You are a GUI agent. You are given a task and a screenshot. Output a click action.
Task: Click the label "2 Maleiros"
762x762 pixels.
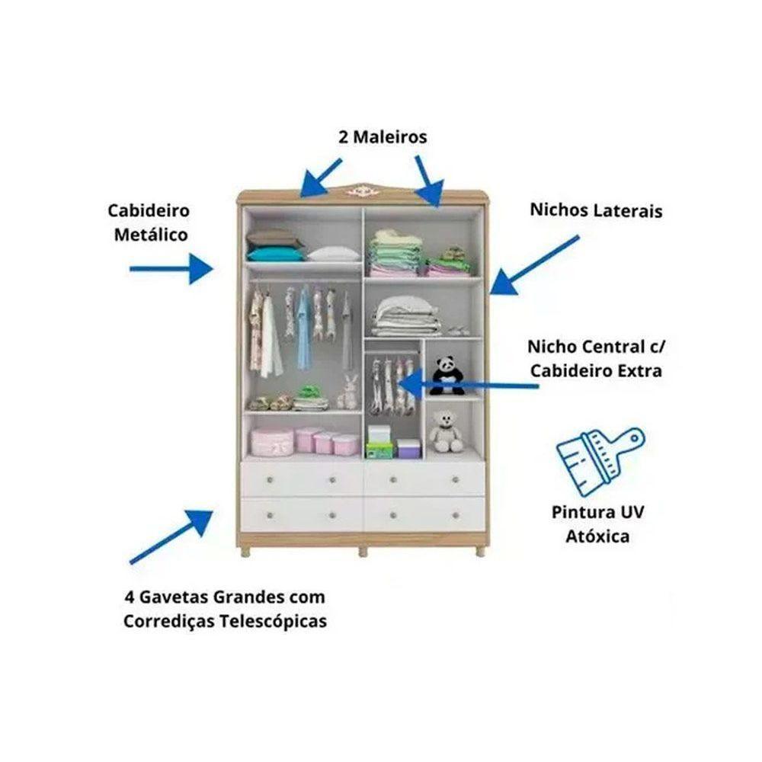(383, 137)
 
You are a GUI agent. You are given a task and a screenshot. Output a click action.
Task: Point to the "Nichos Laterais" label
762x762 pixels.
(596, 210)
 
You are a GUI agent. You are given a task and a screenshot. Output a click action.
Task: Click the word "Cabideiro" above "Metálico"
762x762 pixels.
(149, 210)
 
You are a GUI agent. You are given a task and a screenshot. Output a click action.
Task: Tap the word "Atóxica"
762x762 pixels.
(597, 536)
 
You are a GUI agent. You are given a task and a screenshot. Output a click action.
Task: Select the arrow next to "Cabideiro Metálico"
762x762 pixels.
(171, 268)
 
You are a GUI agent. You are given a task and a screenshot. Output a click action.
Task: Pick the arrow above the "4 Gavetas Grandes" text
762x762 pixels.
(172, 536)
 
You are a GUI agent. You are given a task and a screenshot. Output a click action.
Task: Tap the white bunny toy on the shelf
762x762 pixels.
(348, 392)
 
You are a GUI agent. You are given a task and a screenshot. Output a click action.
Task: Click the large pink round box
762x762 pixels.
(272, 440)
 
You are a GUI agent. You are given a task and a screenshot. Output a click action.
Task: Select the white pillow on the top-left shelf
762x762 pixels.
(332, 253)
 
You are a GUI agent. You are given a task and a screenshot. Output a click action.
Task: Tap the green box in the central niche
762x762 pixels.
(377, 449)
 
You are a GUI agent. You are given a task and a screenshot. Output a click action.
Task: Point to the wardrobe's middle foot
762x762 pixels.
(363, 550)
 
